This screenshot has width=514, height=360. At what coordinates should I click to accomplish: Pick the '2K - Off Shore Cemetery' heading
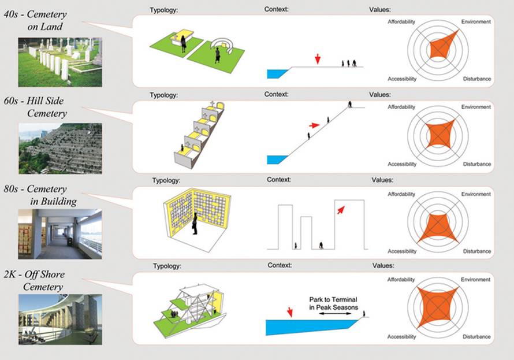[x=44, y=280]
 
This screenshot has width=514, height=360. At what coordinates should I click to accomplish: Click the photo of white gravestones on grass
[x=59, y=62]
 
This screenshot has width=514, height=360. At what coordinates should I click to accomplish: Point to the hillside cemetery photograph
[x=59, y=148]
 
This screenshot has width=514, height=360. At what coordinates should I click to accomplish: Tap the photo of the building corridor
[x=59, y=233]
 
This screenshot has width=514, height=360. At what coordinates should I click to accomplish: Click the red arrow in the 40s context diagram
[x=317, y=59]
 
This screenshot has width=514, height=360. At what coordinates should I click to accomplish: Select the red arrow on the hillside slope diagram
[x=314, y=125]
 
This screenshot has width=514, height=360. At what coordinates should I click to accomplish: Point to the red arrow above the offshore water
[x=289, y=313]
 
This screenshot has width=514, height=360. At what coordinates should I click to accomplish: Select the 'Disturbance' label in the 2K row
[x=476, y=337]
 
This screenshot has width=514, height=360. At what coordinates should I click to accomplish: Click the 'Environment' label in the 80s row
[x=476, y=194]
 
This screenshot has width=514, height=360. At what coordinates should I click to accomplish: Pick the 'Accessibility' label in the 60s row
[x=402, y=164]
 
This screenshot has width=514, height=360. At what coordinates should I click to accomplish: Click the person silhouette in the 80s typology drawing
[x=196, y=223]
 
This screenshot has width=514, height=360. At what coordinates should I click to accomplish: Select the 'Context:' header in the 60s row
[x=276, y=94]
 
